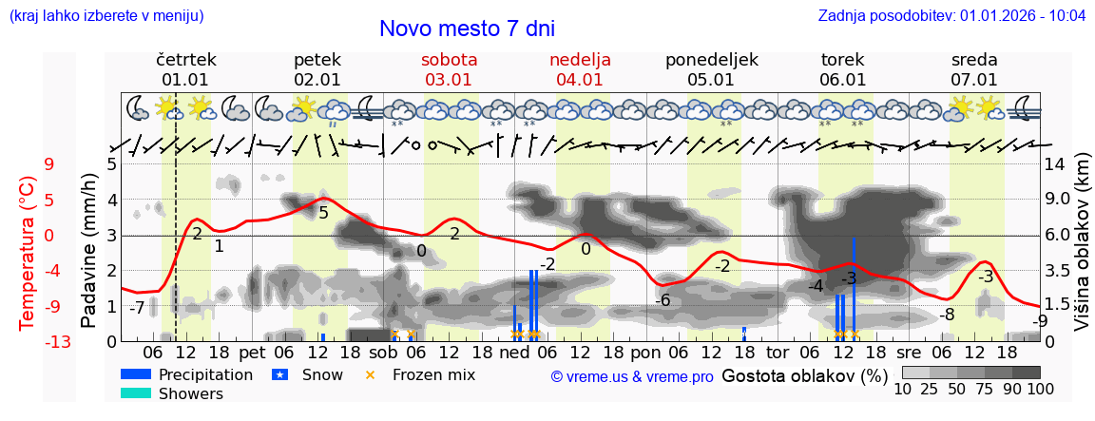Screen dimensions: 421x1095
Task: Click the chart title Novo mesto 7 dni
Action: click(x=467, y=29)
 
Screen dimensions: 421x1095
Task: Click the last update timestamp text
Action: click(x=951, y=16)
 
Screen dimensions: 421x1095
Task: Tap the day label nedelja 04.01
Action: click(x=580, y=69)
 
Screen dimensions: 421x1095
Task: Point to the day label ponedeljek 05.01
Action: click(x=711, y=69)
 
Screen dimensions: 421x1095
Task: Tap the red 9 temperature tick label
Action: click(x=49, y=164)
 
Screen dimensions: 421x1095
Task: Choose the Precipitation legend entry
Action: click(x=187, y=374)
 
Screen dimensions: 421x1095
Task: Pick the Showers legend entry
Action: click(x=172, y=393)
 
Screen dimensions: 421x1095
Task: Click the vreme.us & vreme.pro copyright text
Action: click(x=632, y=376)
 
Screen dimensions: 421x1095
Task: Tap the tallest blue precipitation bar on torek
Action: click(x=854, y=285)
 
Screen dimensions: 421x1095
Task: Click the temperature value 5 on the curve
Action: click(x=323, y=212)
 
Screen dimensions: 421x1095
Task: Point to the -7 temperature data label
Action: click(x=137, y=308)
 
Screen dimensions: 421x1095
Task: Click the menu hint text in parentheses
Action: click(x=106, y=16)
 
